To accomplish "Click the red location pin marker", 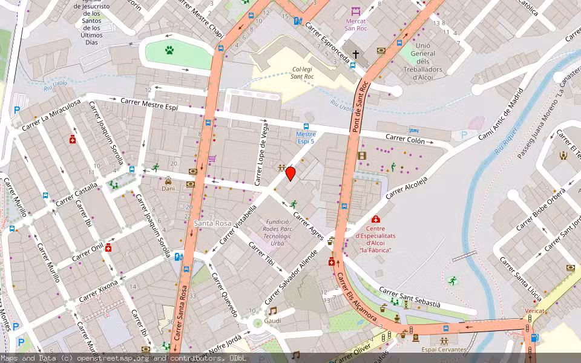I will (290, 174).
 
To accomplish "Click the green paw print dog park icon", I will (169, 50).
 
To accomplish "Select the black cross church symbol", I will (356, 55).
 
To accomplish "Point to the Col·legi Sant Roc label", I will (302, 73).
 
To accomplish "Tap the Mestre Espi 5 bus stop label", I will (306, 138).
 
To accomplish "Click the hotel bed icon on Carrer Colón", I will (413, 130).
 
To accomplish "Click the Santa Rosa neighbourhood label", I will (212, 223).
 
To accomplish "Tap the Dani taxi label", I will (168, 189).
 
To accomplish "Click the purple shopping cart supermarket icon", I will (212, 159).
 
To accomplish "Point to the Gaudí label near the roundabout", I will (272, 321).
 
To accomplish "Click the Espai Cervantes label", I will (444, 350).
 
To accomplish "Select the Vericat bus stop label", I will (534, 311).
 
